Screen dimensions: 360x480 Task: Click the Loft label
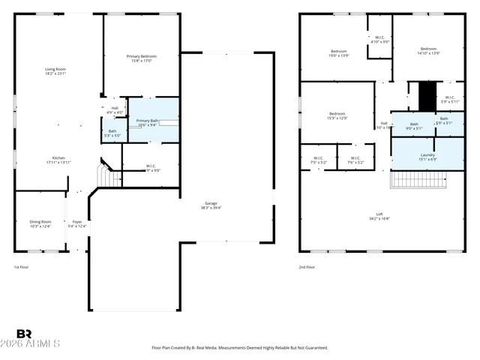pyautogui.click(x=379, y=216)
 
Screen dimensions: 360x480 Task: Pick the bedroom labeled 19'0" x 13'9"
pyautogui.click(x=339, y=52)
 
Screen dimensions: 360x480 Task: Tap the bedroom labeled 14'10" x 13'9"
pyautogui.click(x=428, y=51)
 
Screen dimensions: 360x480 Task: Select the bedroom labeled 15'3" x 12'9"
pyautogui.click(x=336, y=115)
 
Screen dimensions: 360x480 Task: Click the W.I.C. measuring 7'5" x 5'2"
pyautogui.click(x=318, y=160)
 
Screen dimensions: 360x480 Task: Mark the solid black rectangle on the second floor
pyautogui.click(x=427, y=97)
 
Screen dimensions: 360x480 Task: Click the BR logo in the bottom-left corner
pyautogui.click(x=24, y=334)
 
